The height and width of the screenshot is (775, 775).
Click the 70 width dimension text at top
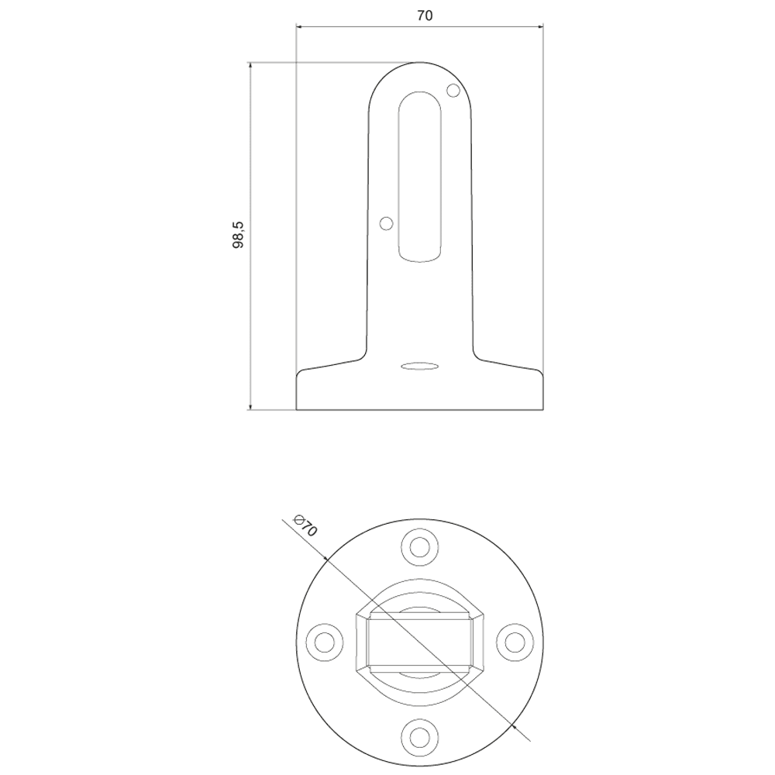tap(424, 15)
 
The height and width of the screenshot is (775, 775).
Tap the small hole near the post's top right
tap(453, 91)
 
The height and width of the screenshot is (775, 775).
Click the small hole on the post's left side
tap(386, 223)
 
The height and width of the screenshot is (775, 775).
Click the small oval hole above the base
tap(419, 365)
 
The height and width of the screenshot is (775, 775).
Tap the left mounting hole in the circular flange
tap(325, 641)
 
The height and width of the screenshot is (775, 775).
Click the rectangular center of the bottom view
tap(419, 641)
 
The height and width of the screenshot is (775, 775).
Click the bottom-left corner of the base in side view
tap(298, 408)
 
